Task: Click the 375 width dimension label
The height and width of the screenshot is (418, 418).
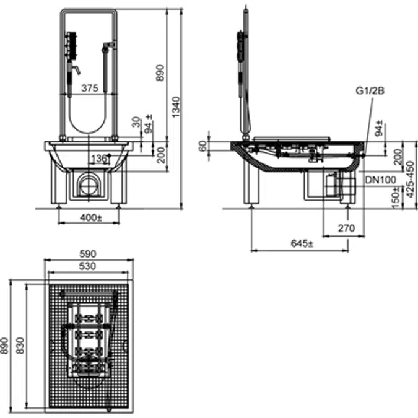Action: click(x=90, y=89)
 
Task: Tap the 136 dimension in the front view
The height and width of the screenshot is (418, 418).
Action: click(x=98, y=159)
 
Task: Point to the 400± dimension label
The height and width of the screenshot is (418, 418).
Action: click(x=91, y=218)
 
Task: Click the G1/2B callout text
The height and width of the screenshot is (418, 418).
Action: click(x=371, y=90)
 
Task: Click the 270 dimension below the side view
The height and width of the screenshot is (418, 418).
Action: click(x=346, y=228)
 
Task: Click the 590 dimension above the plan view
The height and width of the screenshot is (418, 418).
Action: click(x=89, y=254)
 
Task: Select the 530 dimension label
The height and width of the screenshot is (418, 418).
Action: click(x=89, y=266)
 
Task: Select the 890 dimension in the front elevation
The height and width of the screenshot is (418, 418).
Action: click(x=162, y=74)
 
